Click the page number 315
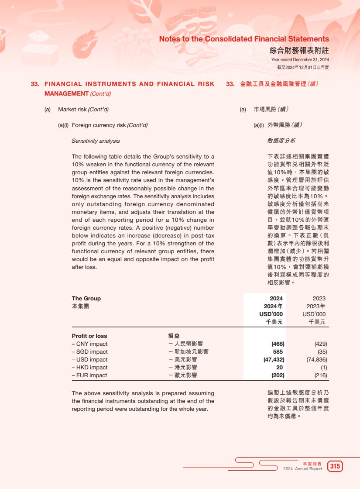[x=335, y=466]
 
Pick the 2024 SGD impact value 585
[x=278, y=351]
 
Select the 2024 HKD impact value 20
[x=280, y=367]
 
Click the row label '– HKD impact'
[x=89, y=367]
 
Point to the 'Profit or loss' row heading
[x=89, y=336]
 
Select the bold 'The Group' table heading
[x=86, y=298]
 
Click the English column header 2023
[x=319, y=298]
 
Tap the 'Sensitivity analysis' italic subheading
[x=96, y=141]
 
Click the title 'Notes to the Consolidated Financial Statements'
[x=244, y=39]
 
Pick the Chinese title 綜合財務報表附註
[x=299, y=51]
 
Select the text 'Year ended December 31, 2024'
[x=300, y=59]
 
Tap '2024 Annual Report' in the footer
[x=302, y=469]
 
